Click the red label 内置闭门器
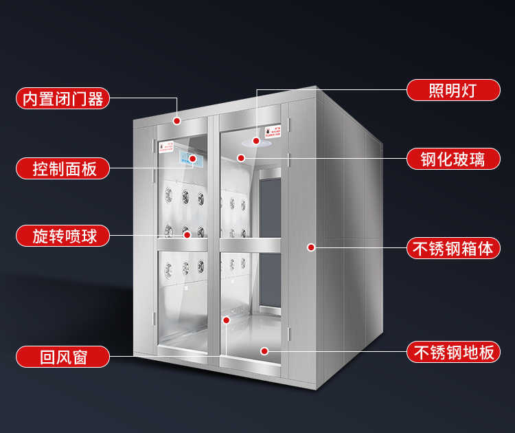coord(62,98)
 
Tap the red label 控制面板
coord(62,168)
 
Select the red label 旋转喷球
coord(62,236)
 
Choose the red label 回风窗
coord(62,356)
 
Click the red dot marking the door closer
coord(177,120)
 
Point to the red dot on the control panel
coord(193,159)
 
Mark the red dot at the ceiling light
coord(257,141)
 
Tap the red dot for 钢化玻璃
coord(241,158)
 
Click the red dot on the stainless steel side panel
coord(310,247)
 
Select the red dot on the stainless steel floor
coord(264,351)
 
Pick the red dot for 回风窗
coord(226,320)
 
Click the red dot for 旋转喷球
coord(186,234)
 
